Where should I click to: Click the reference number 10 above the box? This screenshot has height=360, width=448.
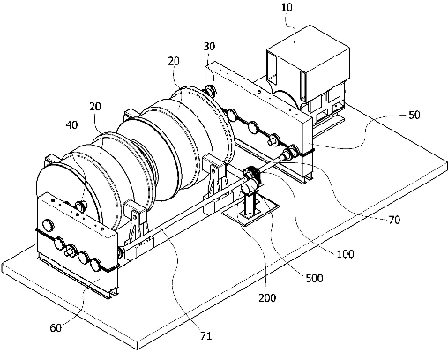click(287, 7)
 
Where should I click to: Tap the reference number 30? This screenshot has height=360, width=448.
click(209, 47)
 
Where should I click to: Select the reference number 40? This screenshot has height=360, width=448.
click(71, 124)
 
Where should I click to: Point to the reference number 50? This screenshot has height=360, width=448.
click(414, 115)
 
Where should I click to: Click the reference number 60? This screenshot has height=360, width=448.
click(56, 327)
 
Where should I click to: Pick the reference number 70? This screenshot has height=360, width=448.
click(394, 220)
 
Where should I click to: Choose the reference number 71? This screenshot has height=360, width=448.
click(205, 335)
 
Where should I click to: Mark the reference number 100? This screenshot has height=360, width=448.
click(345, 254)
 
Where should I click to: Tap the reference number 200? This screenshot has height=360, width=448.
click(267, 298)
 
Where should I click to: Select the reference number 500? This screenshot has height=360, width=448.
click(314, 278)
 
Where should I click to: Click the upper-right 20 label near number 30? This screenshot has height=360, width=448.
click(174, 61)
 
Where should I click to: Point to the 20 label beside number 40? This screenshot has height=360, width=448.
click(94, 107)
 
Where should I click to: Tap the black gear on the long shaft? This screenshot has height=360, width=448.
click(252, 175)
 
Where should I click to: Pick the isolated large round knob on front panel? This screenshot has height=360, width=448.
click(49, 225)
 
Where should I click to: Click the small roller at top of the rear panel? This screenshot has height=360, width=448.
click(210, 90)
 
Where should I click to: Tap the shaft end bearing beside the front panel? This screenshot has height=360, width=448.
click(121, 252)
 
